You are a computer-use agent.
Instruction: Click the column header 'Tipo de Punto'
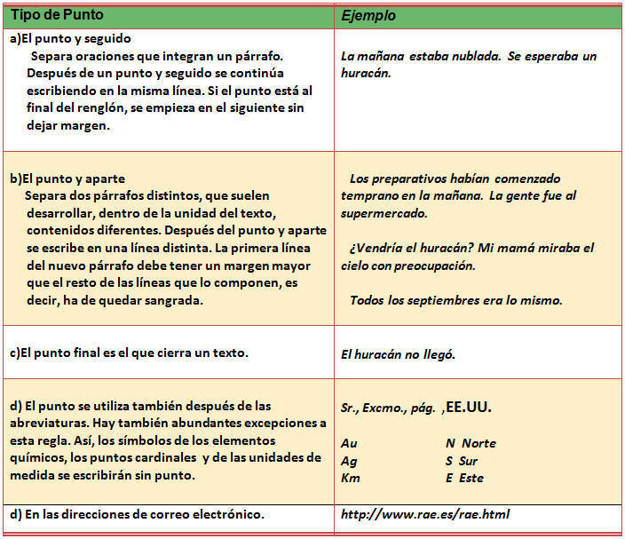(56, 16)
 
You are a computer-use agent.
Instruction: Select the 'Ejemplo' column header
(368, 16)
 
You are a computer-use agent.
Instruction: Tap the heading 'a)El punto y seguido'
(70, 38)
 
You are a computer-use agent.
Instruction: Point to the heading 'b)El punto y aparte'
(67, 178)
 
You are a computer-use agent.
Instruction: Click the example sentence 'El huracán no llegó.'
(398, 354)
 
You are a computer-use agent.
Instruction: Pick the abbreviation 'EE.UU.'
(467, 408)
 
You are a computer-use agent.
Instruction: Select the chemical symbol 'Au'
(349, 443)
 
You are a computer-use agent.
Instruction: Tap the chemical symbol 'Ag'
(349, 461)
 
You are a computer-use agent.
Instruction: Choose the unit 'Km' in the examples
(350, 478)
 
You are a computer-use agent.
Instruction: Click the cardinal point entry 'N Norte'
(471, 443)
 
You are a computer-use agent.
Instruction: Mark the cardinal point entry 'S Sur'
(462, 461)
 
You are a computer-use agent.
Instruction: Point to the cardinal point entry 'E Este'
(464, 478)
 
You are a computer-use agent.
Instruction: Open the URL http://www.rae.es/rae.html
(425, 514)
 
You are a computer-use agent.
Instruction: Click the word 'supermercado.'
(384, 213)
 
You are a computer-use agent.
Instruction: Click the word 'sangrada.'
(176, 300)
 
